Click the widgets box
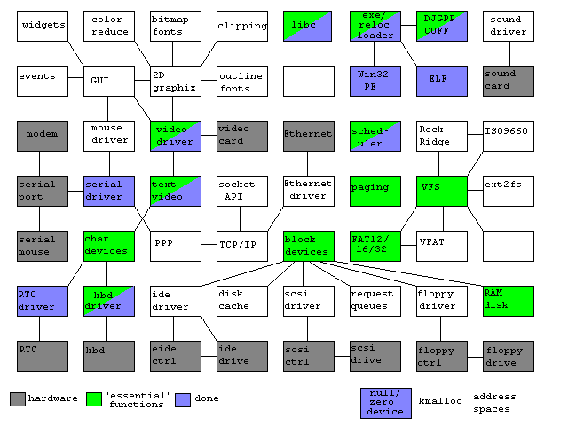[43, 26]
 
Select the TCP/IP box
[242, 245]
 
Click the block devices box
[308, 246]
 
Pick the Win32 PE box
[375, 81]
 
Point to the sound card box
[509, 81]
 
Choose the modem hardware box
[43, 136]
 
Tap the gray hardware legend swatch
[18, 398]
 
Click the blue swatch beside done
[184, 398]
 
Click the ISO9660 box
[509, 136]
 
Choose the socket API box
[242, 191]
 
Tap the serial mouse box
[43, 245]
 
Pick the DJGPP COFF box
[442, 26]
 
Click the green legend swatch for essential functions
[92, 398]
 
